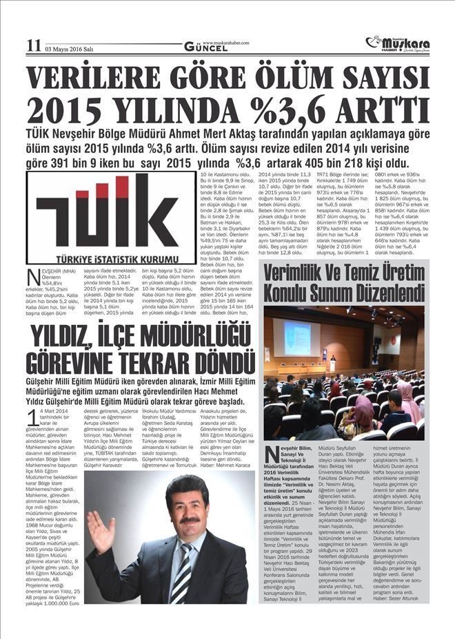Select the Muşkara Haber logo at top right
tap(398, 43)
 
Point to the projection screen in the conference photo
tap(292, 337)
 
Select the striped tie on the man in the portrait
tap(181, 570)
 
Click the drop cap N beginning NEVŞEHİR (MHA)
tap(33, 277)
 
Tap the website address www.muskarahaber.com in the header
tap(225, 42)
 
